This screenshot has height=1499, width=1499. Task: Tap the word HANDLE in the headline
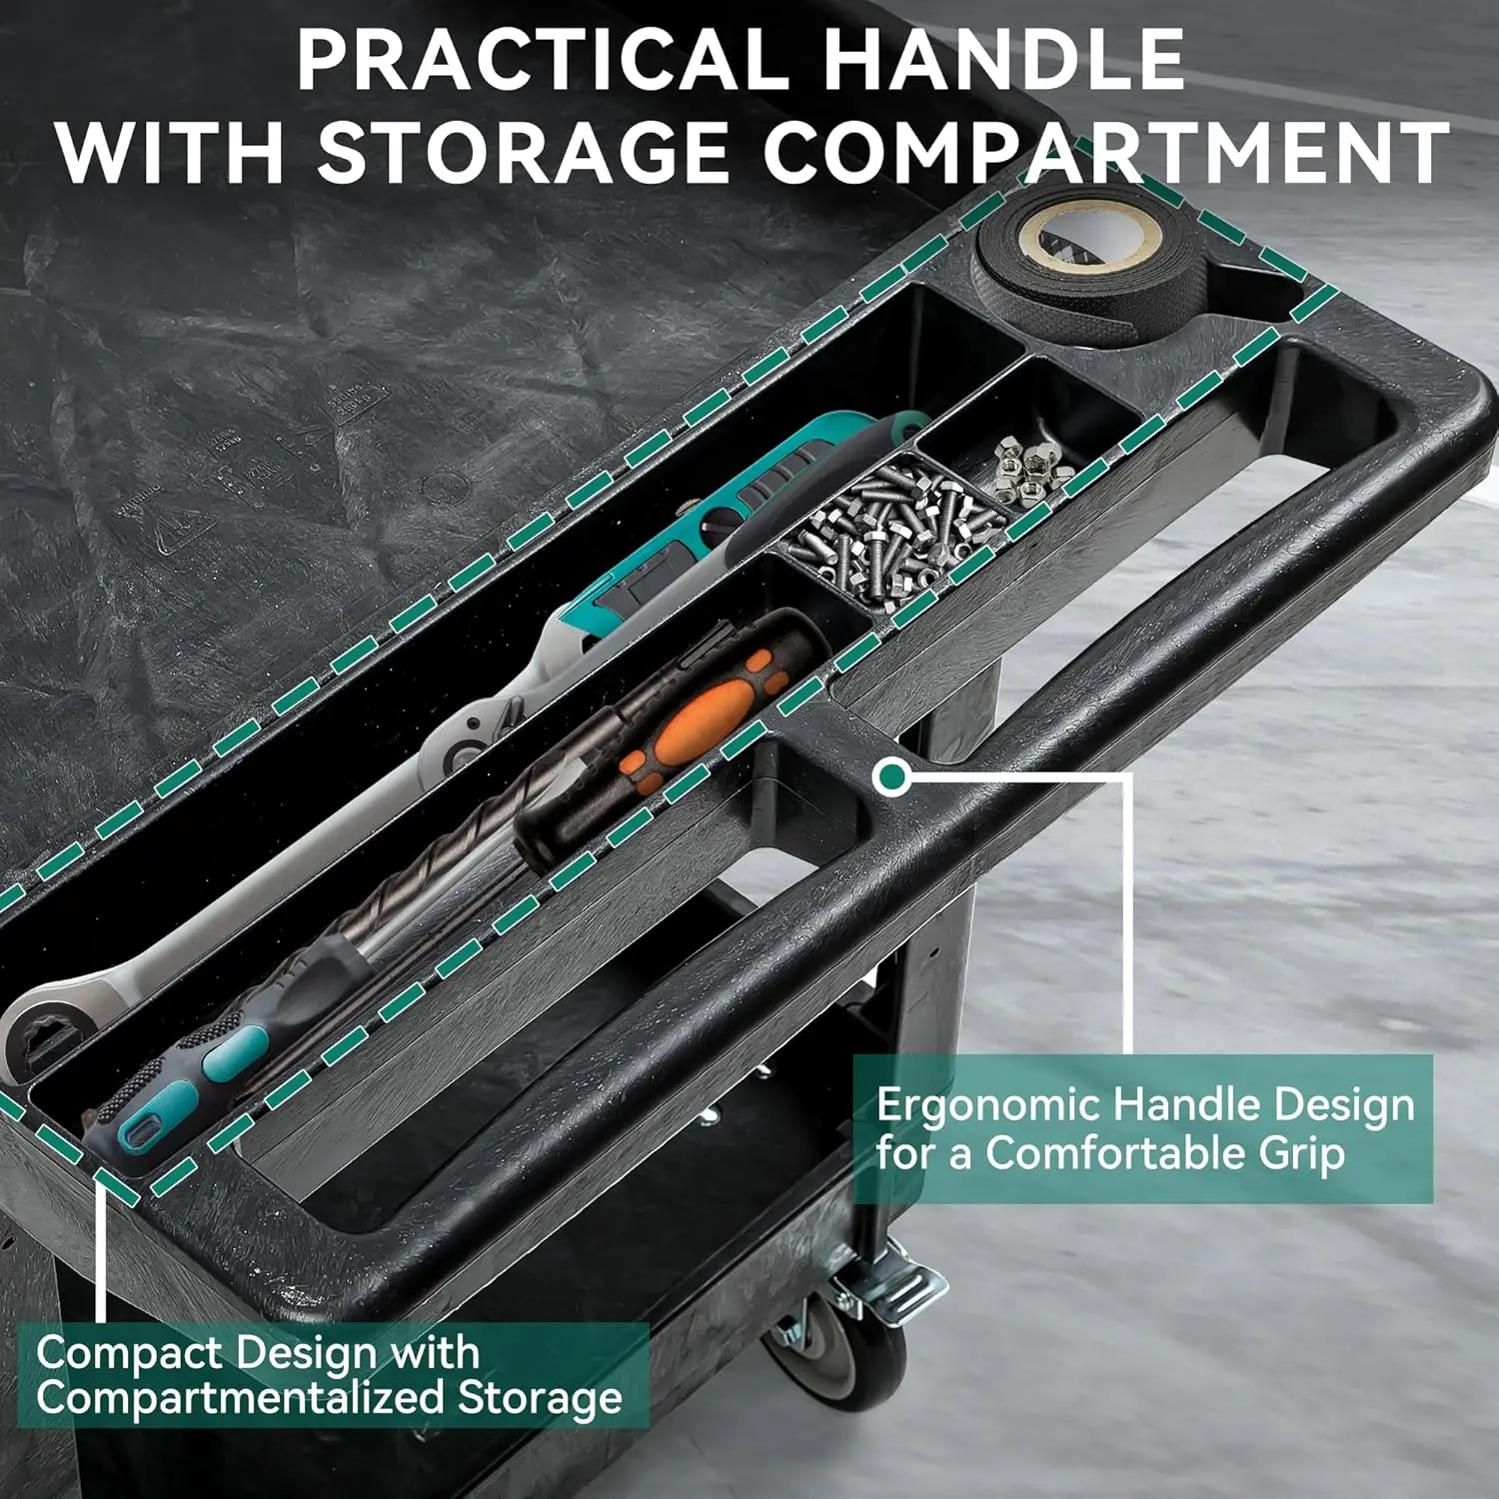pos(1004,59)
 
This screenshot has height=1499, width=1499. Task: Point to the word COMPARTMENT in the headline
pos(1106,152)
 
